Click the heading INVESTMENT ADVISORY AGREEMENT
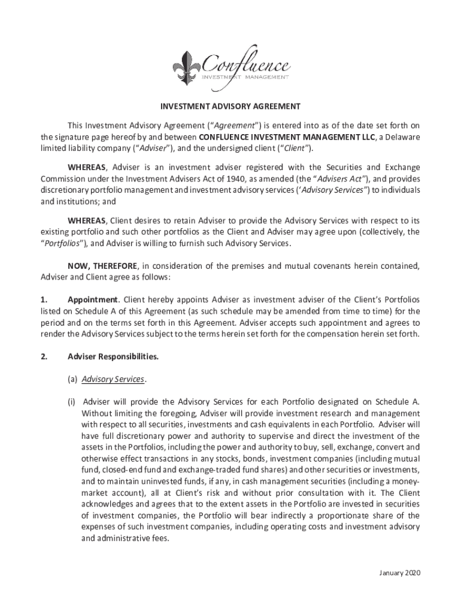pos(230,107)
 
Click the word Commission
pos(62,178)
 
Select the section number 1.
pos(44,299)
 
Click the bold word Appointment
pos(93,299)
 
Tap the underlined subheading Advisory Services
pos(113,380)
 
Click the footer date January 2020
pos(400,573)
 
